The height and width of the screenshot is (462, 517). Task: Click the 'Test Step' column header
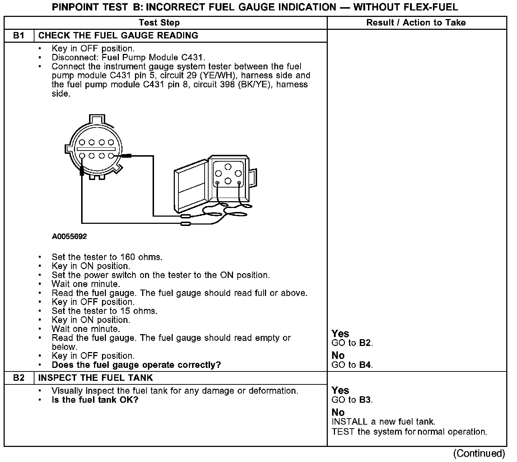tap(159, 23)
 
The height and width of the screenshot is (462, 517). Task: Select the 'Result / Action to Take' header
tap(416, 23)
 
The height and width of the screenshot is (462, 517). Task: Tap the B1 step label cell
tap(19, 36)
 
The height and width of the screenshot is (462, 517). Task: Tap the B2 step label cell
tap(19, 378)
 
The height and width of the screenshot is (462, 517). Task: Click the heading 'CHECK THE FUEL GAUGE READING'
tap(118, 36)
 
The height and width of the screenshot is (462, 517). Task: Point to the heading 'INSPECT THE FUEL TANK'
tap(96, 378)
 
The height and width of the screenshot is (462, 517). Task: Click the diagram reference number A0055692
tap(69, 237)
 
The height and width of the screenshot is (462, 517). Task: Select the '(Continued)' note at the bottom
tap(479, 453)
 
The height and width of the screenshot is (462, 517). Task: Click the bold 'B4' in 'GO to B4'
tap(365, 365)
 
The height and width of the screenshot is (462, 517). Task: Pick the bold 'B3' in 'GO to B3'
tap(365, 400)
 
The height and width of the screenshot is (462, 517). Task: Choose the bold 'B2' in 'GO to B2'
tap(365, 343)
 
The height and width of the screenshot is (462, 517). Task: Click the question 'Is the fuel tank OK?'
tap(95, 400)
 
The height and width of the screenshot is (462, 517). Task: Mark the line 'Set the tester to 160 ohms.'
tap(107, 257)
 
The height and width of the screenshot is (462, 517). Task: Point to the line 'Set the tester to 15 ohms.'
tap(104, 311)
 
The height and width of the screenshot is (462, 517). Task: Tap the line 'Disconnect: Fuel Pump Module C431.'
tap(129, 57)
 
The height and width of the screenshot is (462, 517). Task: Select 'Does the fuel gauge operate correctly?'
tap(136, 365)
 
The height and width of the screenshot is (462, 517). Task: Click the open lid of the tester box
tap(190, 190)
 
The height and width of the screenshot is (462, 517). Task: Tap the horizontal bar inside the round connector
tap(96, 149)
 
